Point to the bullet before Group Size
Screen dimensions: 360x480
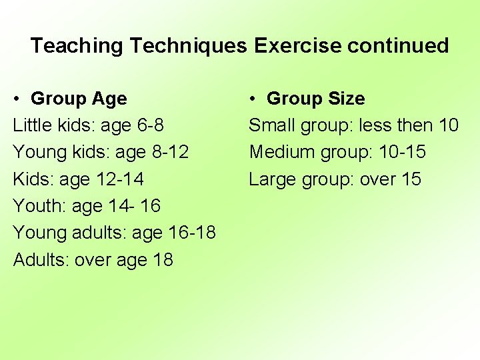(x=253, y=99)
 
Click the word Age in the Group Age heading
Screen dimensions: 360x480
(x=110, y=99)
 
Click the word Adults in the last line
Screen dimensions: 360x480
(x=39, y=259)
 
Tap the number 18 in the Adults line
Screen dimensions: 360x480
(x=162, y=259)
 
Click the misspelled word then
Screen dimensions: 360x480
(x=412, y=125)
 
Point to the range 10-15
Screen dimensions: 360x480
(x=402, y=152)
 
